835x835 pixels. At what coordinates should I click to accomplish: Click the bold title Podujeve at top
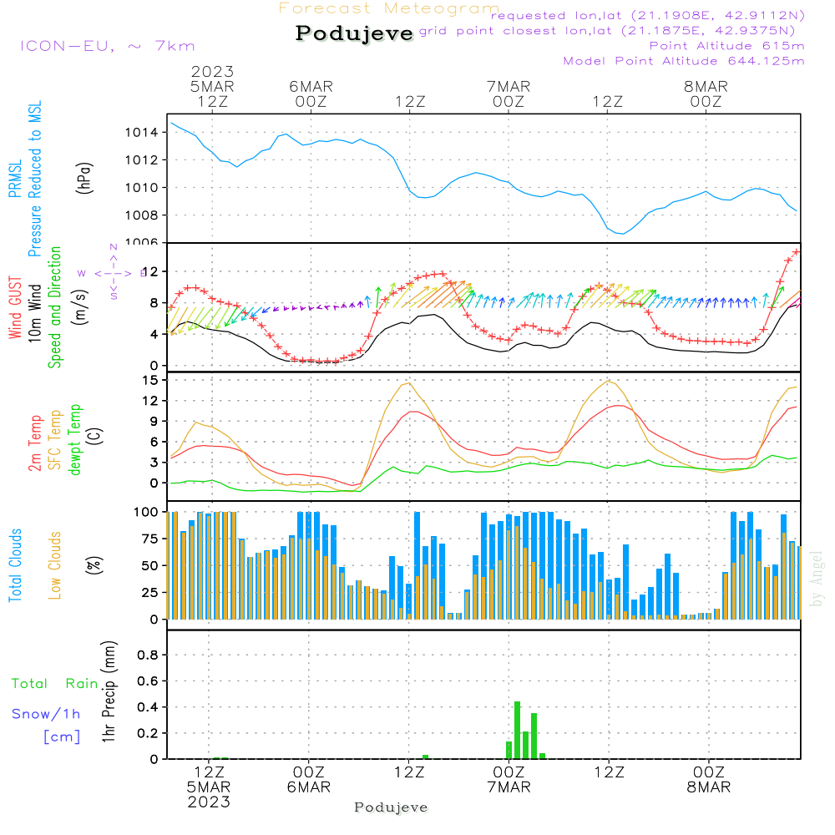point(355,33)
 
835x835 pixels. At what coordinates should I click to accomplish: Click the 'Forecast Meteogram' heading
point(389,8)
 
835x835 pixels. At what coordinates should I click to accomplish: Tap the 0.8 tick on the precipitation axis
point(148,655)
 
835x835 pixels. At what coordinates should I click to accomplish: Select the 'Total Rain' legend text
point(55,684)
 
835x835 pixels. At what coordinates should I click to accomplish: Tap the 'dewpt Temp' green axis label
point(75,440)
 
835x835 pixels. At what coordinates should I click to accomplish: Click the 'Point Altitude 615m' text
point(726,45)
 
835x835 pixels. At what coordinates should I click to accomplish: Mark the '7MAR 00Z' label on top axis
point(509,94)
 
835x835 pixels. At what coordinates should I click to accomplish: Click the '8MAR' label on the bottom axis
point(708,787)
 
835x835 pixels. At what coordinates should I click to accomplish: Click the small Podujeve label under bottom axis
point(391,807)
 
